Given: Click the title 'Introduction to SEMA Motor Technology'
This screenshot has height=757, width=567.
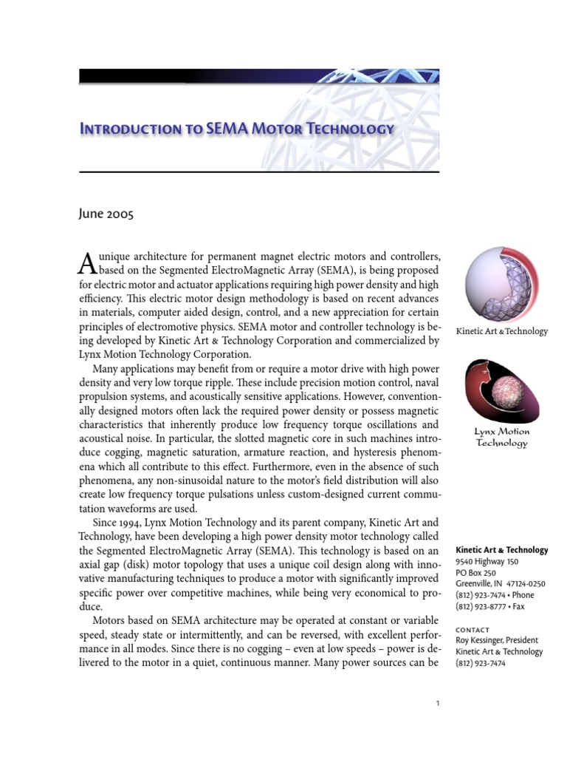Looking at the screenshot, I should click(x=236, y=129).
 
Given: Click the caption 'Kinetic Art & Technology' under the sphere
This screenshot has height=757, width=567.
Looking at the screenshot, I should click(x=502, y=331).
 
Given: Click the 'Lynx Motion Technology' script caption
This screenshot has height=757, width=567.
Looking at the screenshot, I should click(x=501, y=438).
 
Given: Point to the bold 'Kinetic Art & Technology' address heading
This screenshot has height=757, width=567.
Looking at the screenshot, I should click(x=502, y=550).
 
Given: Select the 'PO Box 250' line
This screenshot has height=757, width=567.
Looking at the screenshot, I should click(x=476, y=572).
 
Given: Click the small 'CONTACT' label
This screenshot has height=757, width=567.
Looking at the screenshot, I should click(x=473, y=630).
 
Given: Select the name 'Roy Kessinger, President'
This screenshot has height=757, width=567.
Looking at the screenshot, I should click(x=497, y=640).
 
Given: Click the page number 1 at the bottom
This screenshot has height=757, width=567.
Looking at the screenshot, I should click(x=438, y=704).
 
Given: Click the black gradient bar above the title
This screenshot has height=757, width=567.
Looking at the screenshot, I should click(x=258, y=75).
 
